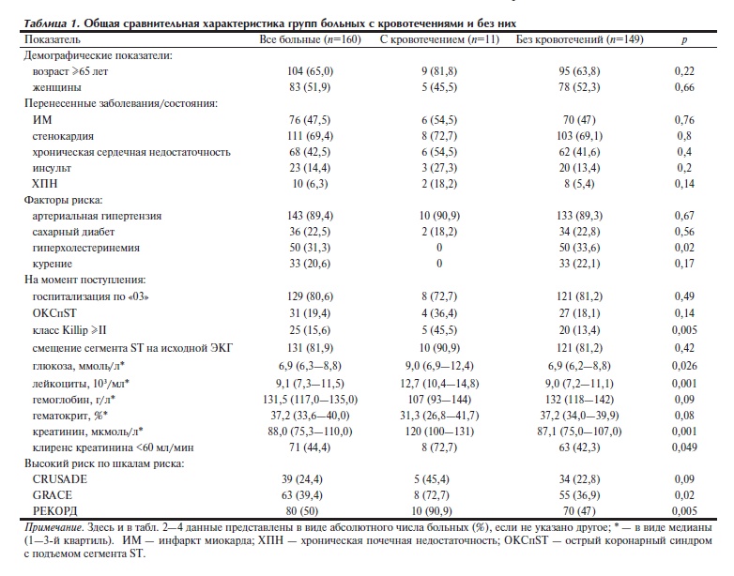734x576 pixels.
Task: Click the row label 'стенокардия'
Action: pos(63,135)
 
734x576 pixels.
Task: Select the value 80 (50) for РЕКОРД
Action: pos(310,510)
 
